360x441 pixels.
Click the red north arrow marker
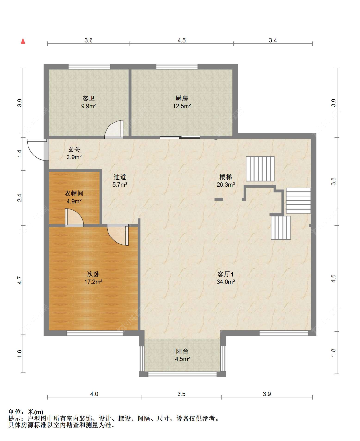pos(23,41)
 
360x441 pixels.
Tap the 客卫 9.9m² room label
pos(88,102)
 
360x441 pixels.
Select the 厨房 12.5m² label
pos(182,102)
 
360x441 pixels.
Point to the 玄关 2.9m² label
pos(74,153)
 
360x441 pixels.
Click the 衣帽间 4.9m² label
pos(74,197)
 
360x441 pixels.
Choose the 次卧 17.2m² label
pos(93,278)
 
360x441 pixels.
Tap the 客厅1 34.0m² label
pos(226,278)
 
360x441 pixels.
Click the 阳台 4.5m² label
pos(182,355)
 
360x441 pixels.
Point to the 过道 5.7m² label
pos(120,181)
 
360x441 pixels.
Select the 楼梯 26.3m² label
pos(226,181)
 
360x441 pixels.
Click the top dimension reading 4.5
pos(181,40)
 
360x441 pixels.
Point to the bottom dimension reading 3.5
pos(181,394)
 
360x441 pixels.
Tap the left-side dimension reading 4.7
pos(20,280)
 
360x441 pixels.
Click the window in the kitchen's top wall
pos(177,67)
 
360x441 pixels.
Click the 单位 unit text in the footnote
pos(14,412)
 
